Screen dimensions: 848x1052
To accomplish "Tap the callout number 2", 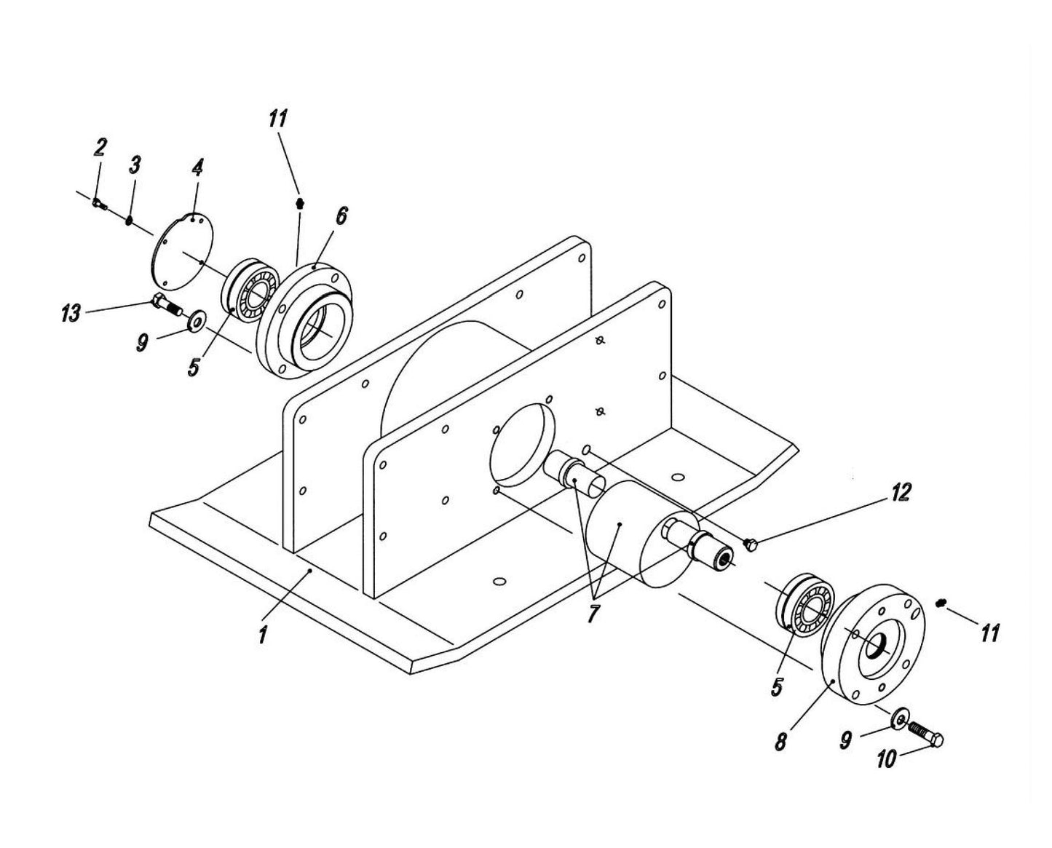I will pyautogui.click(x=100, y=148).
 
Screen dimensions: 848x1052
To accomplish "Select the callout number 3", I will pyautogui.click(x=135, y=165).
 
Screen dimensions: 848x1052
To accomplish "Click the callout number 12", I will pyautogui.click(x=901, y=493).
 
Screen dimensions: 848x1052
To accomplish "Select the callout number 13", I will pyautogui.click(x=71, y=314).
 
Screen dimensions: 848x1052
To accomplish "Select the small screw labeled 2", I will pyautogui.click(x=99, y=203).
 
